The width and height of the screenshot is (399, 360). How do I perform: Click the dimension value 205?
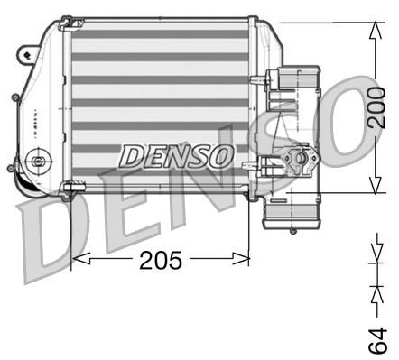pos(161,262)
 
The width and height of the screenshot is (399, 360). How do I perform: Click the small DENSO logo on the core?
pos(177,155)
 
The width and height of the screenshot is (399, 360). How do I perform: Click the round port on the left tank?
pos(37,163)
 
